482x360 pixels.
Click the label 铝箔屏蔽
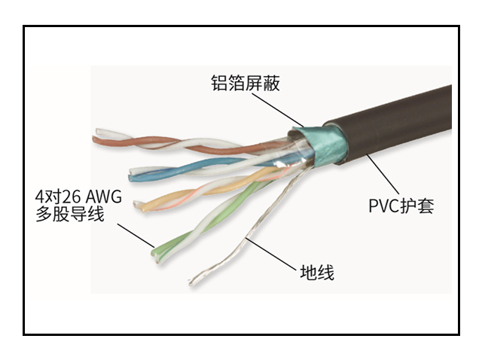coord(246,83)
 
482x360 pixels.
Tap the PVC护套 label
coord(401,206)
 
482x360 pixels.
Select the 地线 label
coord(317,273)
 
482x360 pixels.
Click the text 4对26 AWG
coord(78,197)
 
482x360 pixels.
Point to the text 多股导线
coord(70,214)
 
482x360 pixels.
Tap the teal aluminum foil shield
coord(319,144)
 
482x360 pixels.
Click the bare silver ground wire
coord(246,227)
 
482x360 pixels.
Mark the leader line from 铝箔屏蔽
coord(278,109)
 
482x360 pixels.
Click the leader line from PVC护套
coord(382,174)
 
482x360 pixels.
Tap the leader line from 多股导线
coord(136,235)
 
